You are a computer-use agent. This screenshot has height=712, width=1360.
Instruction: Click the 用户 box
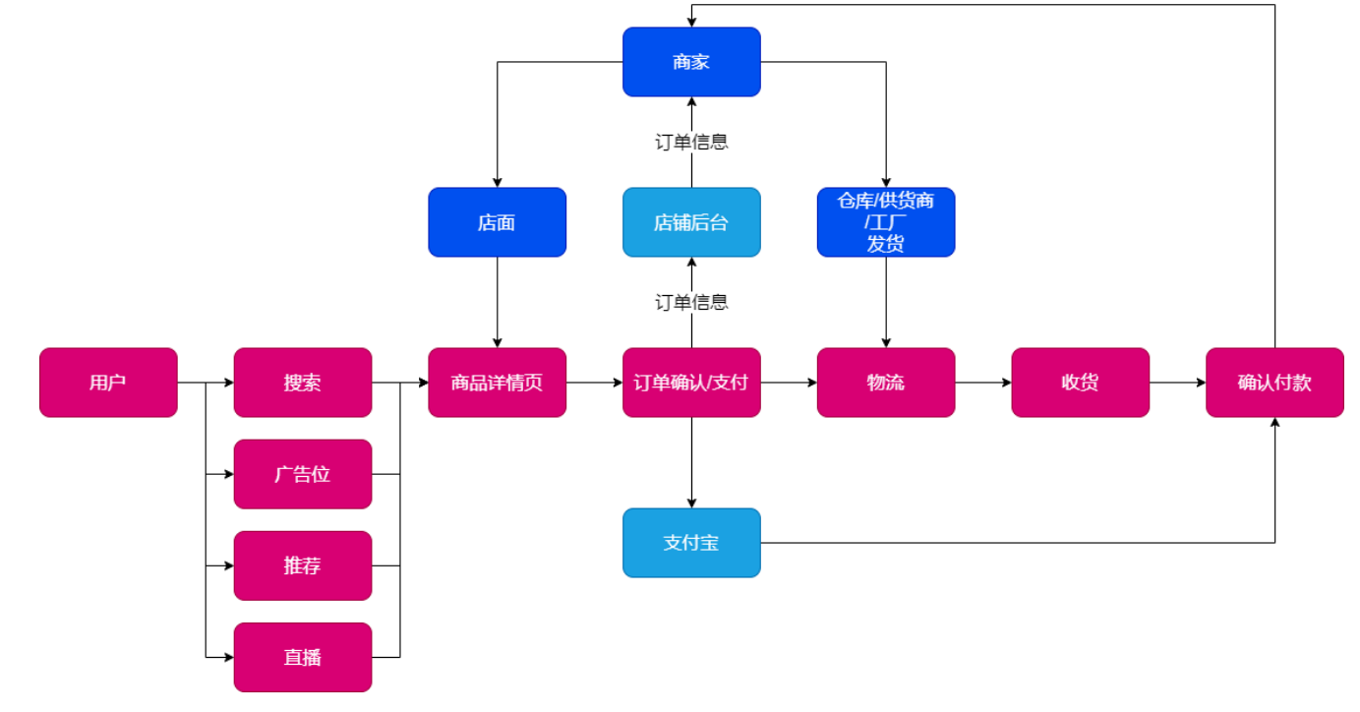click(x=108, y=383)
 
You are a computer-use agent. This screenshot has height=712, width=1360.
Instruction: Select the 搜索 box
click(x=303, y=383)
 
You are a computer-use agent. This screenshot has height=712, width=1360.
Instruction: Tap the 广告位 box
click(x=303, y=474)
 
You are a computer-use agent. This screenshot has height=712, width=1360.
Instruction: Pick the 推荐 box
click(x=303, y=565)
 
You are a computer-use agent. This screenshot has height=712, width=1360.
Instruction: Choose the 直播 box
click(x=303, y=657)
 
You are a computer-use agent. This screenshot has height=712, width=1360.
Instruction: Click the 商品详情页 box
click(x=497, y=383)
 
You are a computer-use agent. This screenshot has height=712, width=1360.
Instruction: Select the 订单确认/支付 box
click(x=691, y=383)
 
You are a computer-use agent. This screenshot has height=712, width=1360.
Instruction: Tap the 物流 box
click(x=885, y=383)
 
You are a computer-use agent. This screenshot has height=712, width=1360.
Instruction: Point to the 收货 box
click(x=1080, y=383)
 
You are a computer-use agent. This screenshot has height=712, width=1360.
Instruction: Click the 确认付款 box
click(x=1274, y=383)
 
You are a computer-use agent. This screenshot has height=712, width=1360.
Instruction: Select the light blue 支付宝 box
click(x=691, y=542)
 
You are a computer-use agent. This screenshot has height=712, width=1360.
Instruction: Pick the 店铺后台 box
click(x=691, y=222)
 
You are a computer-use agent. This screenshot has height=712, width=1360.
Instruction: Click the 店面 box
click(x=497, y=222)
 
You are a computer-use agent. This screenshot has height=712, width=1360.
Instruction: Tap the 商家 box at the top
click(x=691, y=62)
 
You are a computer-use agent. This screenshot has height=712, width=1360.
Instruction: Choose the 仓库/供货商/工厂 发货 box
click(x=885, y=222)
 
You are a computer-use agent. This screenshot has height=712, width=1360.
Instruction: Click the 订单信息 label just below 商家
click(x=691, y=142)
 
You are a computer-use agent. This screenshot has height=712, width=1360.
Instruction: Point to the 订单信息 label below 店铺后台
click(x=691, y=302)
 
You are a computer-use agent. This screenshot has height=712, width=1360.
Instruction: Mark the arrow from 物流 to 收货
click(x=982, y=383)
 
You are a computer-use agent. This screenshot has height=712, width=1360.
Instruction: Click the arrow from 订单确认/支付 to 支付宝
click(x=691, y=462)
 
